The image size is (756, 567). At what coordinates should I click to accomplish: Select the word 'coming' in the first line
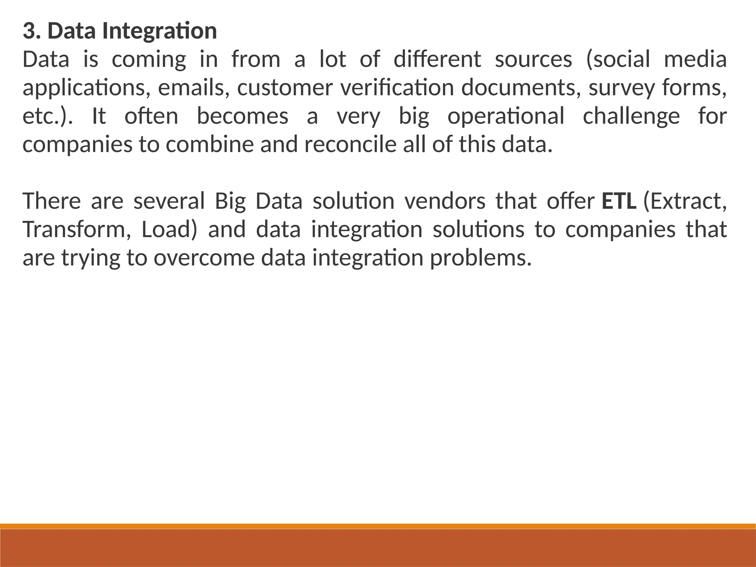(x=149, y=60)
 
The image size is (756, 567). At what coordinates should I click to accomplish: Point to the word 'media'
(x=695, y=60)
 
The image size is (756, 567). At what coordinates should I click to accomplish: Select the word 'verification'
(x=396, y=88)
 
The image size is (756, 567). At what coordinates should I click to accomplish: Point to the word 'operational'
(x=506, y=117)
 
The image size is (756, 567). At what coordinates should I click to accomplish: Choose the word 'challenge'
(x=631, y=117)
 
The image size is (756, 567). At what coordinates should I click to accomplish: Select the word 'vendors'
(x=445, y=201)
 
